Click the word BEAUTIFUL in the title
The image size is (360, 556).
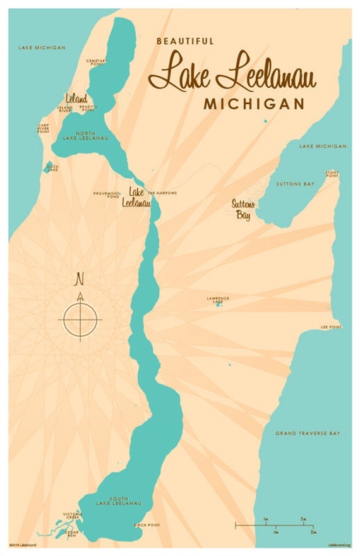coord(185,41)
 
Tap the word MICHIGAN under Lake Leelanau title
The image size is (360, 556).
coord(253,104)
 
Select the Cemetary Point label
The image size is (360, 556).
coord(97,62)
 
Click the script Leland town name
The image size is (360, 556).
coord(76,98)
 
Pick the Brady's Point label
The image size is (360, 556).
coord(88,108)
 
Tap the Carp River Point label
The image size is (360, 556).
coord(43,128)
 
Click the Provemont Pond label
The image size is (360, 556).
coord(106,195)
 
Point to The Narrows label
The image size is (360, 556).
coord(162,193)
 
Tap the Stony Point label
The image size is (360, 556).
coord(332,173)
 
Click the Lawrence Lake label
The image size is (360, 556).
coord(218,299)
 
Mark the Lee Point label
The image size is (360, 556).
coord(331,327)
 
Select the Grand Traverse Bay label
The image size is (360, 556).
coord(308,433)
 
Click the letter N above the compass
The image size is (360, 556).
coord(80,279)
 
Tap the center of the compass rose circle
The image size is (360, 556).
coord(80,319)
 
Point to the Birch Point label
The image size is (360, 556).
coord(147,525)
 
